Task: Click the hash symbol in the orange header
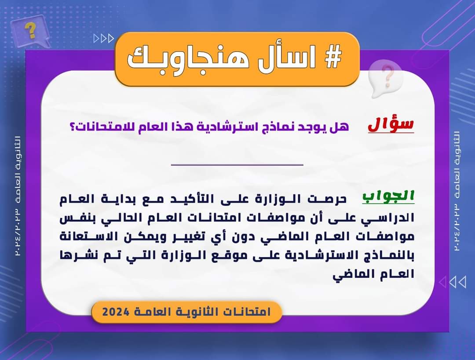pyautogui.click(x=333, y=57)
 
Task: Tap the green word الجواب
pyautogui.click(x=388, y=196)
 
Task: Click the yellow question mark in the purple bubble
pyautogui.click(x=30, y=31)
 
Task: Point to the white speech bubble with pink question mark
pyautogui.click(x=385, y=78)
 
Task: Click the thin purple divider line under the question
pyautogui.click(x=237, y=165)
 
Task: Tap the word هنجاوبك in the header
pyautogui.click(x=188, y=58)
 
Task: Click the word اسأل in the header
pyautogui.click(x=287, y=58)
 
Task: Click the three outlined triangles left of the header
pyautogui.click(x=104, y=39)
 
